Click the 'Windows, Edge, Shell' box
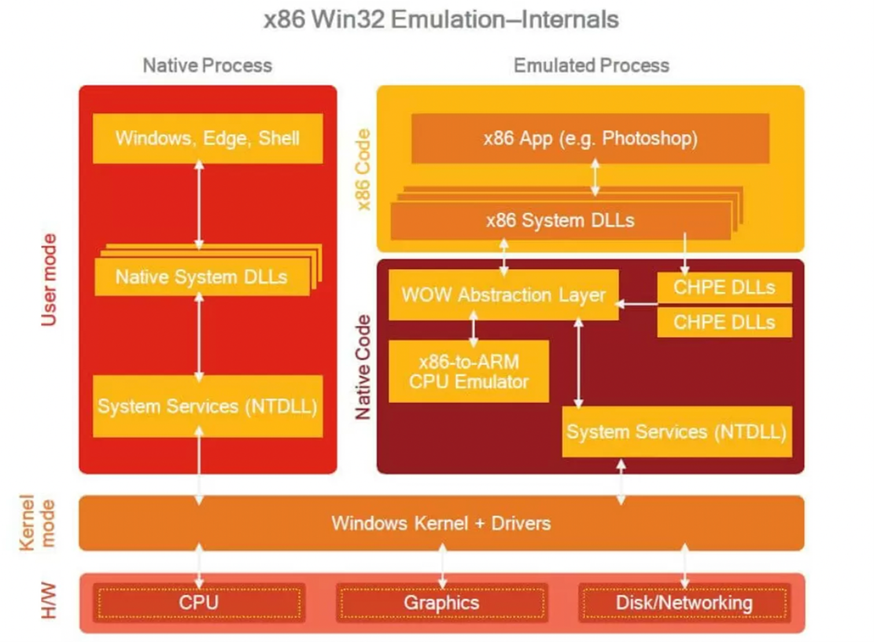tap(208, 138)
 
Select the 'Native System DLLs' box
tap(202, 277)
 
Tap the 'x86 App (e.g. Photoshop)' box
tap(590, 138)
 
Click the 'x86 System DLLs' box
tap(560, 221)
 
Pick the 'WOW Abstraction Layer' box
tap(503, 295)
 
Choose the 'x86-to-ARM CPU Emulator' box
tap(469, 372)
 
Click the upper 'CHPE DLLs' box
tap(724, 288)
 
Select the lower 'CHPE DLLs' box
tap(724, 322)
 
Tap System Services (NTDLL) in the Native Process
tap(208, 406)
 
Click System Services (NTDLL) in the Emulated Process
tap(677, 432)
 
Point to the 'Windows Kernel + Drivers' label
tap(441, 523)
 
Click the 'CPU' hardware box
tap(199, 603)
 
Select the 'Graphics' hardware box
tap(441, 603)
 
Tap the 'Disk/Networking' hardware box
tap(684, 603)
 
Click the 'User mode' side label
tap(49, 280)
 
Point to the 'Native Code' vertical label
tap(363, 367)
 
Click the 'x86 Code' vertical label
tap(363, 170)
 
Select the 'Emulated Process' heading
tap(591, 65)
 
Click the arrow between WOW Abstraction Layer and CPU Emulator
tap(474, 329)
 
